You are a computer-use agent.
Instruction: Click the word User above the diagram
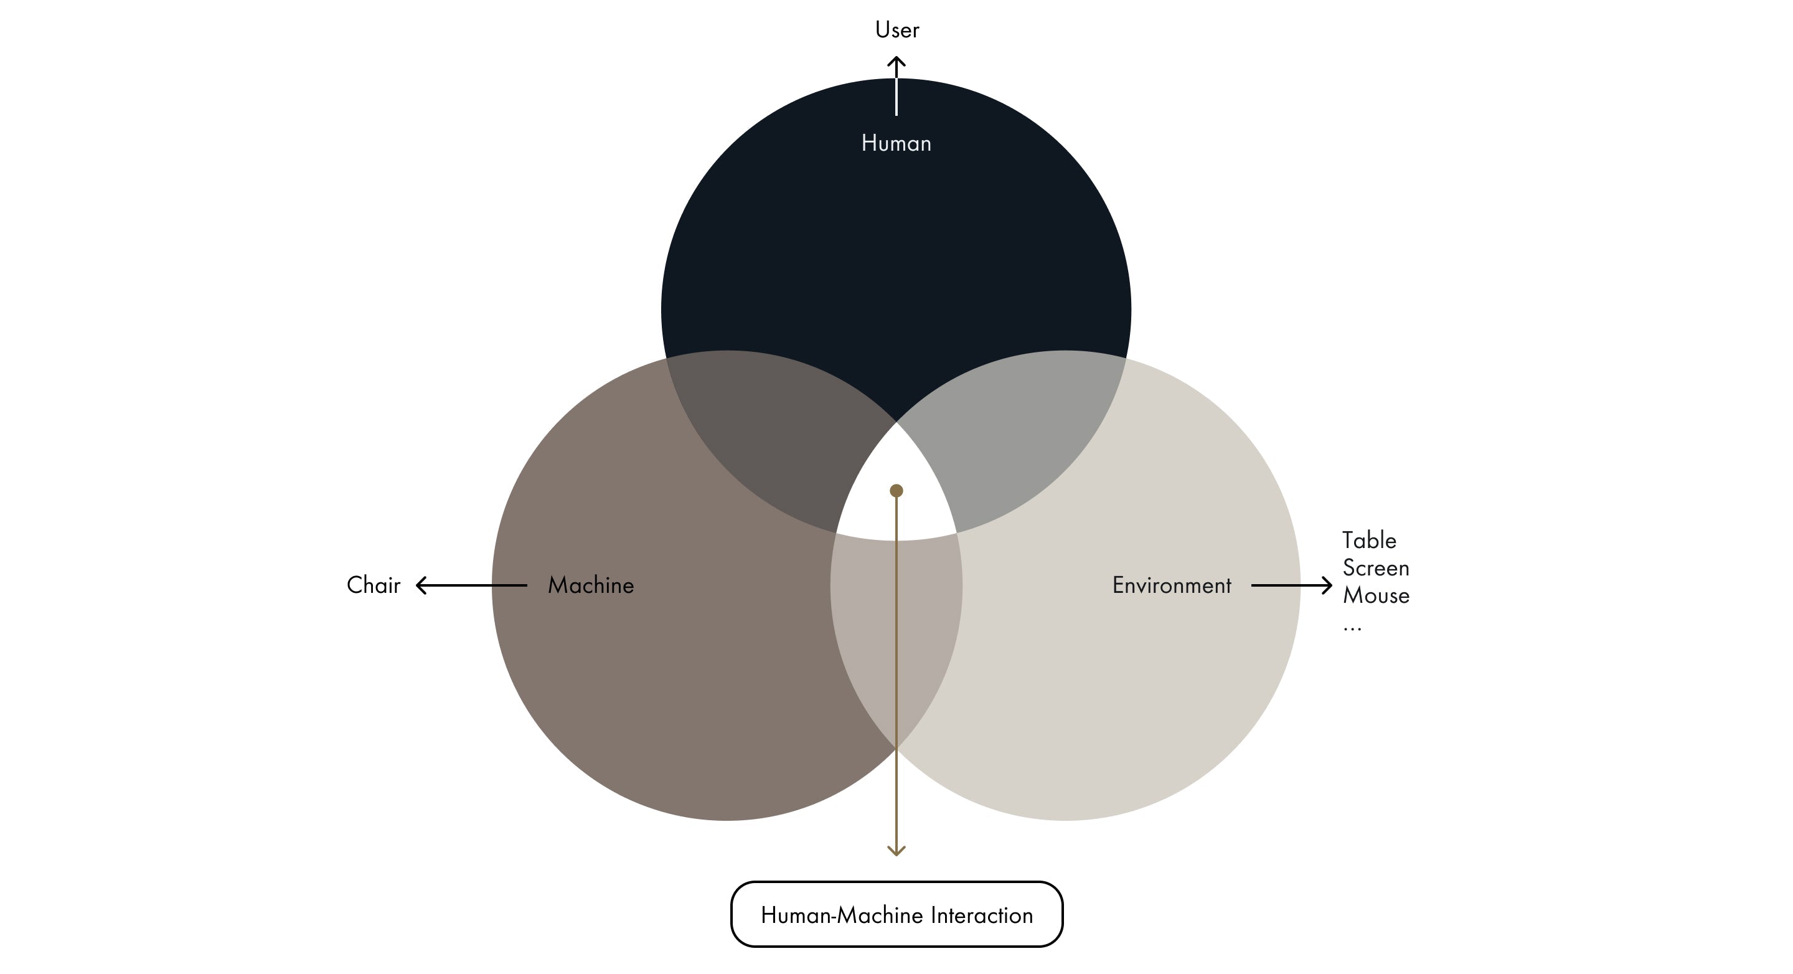point(896,30)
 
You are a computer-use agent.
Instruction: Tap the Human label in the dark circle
point(896,143)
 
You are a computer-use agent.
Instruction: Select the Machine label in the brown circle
point(590,585)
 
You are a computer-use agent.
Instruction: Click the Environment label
point(1172,585)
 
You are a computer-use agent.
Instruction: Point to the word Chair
point(373,585)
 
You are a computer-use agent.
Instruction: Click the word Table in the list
point(1368,541)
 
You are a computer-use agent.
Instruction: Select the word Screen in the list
point(1375,568)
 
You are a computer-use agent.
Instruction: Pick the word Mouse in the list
point(1375,596)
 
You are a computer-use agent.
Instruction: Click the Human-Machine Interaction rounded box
point(896,914)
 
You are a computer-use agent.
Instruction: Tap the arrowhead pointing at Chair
point(420,585)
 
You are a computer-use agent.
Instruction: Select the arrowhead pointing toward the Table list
point(1327,585)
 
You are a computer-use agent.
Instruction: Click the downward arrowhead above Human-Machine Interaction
point(896,850)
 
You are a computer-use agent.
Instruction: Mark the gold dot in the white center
point(896,491)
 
